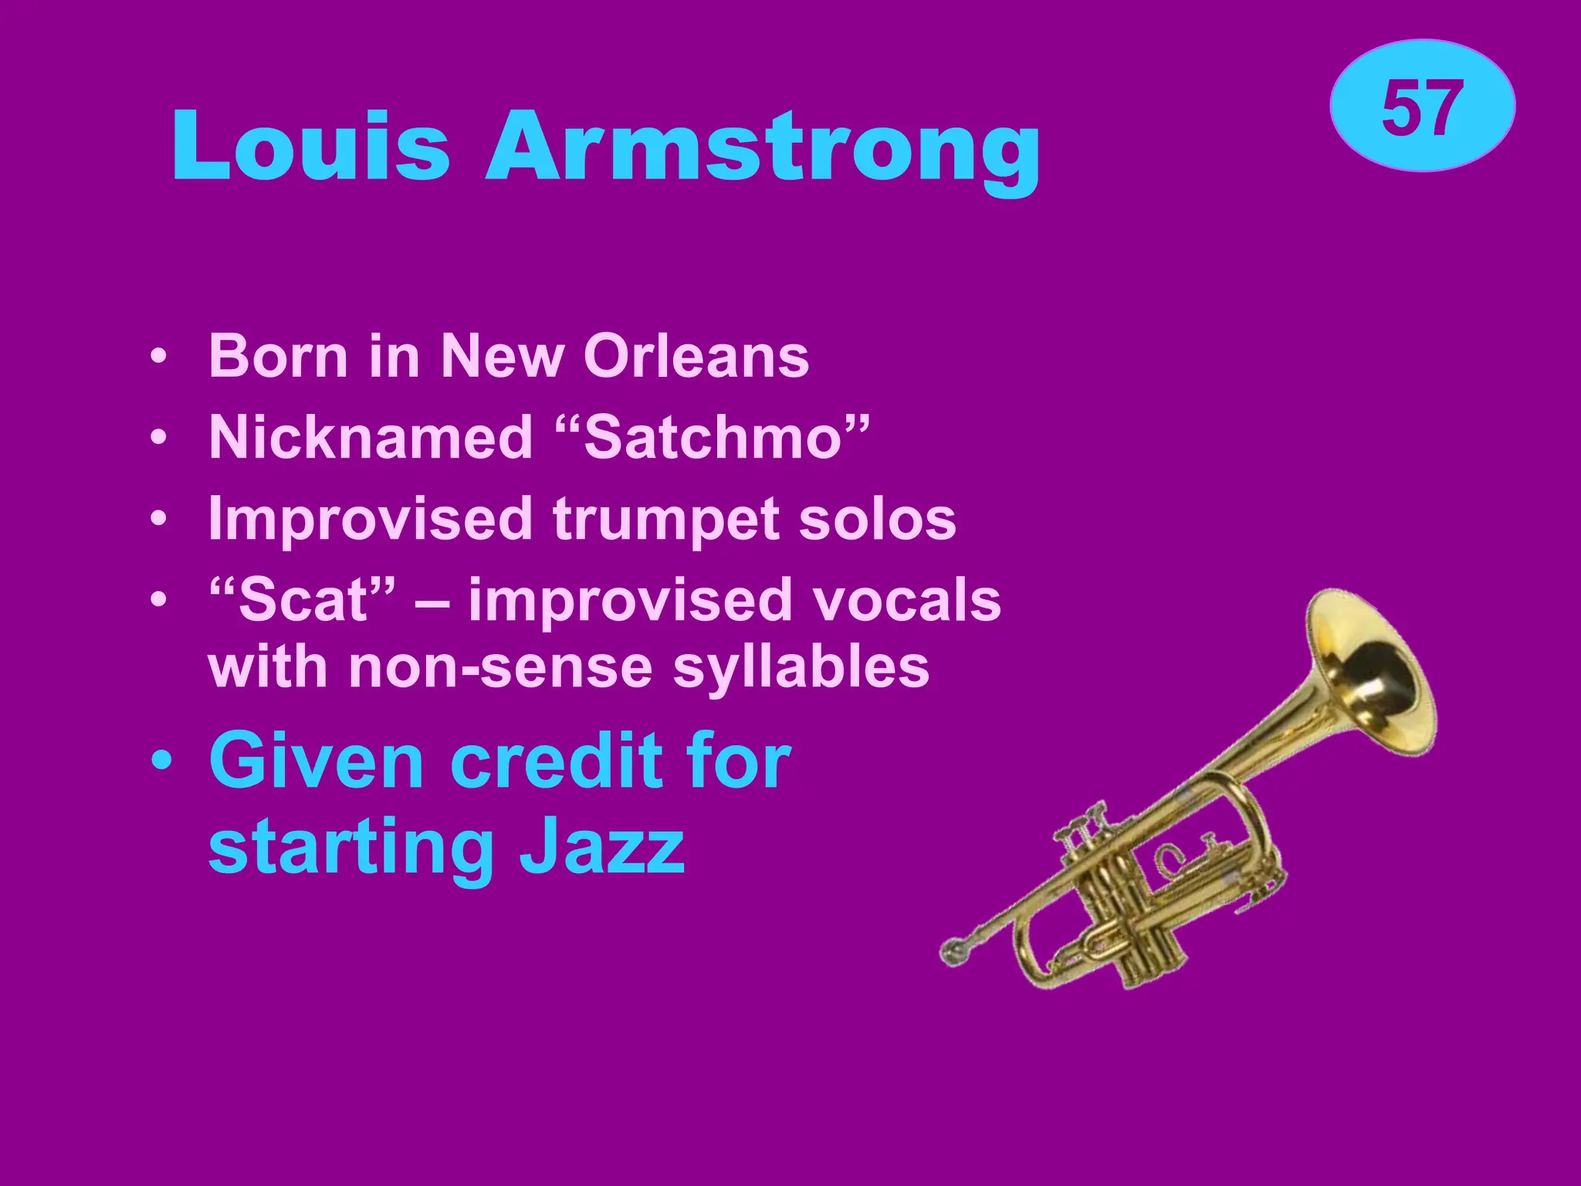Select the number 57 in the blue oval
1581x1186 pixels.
click(x=1422, y=108)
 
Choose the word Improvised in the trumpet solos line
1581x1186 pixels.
click(x=371, y=519)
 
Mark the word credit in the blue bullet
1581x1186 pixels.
click(x=556, y=761)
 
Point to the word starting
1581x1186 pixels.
click(x=351, y=848)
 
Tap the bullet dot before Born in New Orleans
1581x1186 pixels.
click(x=158, y=357)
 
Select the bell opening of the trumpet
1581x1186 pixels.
click(x=1382, y=672)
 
